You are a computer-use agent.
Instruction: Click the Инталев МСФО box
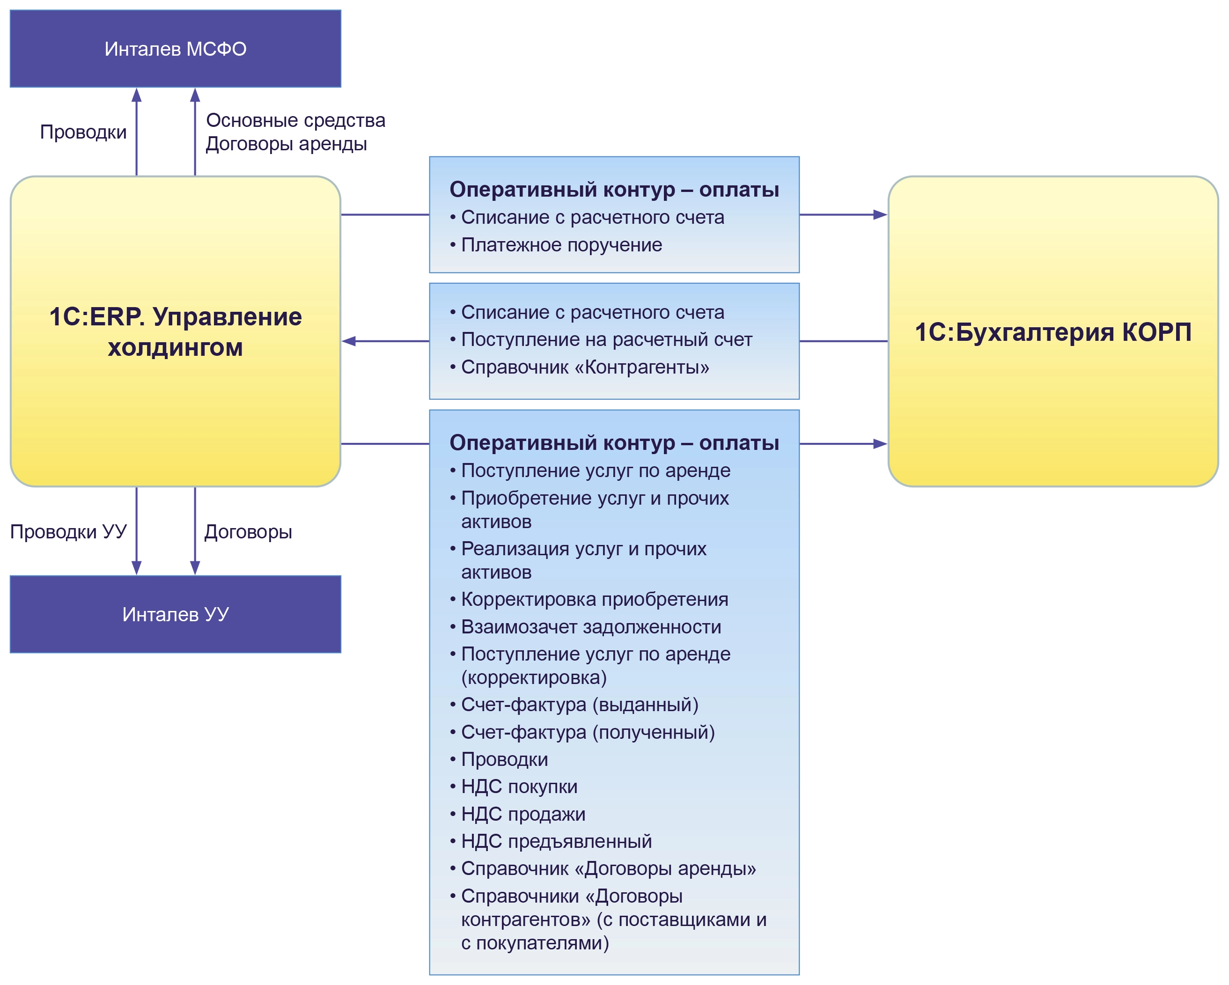pyautogui.click(x=175, y=49)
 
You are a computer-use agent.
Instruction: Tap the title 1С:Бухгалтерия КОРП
pyautogui.click(x=1052, y=332)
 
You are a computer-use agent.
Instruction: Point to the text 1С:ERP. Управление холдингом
pyautogui.click(x=175, y=332)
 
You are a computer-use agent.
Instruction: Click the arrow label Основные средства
pyautogui.click(x=295, y=120)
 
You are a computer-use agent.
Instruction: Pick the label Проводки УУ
pyautogui.click(x=68, y=531)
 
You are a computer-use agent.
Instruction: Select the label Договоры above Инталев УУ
pyautogui.click(x=248, y=531)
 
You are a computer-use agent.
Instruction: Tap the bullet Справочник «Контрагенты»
pyautogui.click(x=584, y=367)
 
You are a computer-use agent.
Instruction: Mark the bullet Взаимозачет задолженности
pyautogui.click(x=590, y=626)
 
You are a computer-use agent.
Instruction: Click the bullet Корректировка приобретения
pyautogui.click(x=594, y=599)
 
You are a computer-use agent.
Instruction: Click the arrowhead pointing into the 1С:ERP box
pyautogui.click(x=348, y=341)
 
